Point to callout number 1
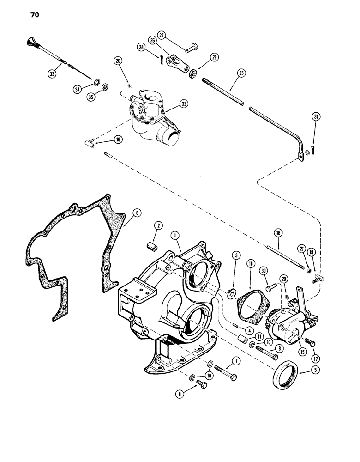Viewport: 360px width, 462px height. coord(175,235)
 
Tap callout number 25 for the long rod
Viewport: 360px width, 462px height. coord(241,73)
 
